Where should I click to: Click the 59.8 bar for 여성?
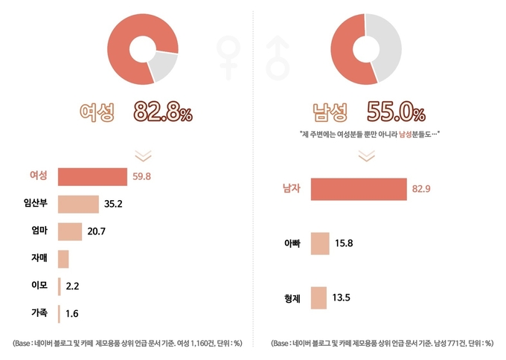[x=92, y=176]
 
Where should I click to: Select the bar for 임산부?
[x=78, y=204]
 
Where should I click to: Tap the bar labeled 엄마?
[x=70, y=231]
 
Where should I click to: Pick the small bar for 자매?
[x=63, y=259]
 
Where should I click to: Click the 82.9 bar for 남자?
[x=359, y=190]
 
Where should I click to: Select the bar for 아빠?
[x=319, y=243]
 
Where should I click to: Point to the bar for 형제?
[x=318, y=298]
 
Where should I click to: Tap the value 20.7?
[x=97, y=232]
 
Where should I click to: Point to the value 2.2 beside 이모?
[x=73, y=286]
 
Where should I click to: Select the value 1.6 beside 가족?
[x=72, y=314]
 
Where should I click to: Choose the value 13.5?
[x=342, y=298]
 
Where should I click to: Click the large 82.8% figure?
[x=163, y=113]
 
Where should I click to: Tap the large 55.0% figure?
[x=396, y=113]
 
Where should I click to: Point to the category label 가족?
[x=38, y=313]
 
